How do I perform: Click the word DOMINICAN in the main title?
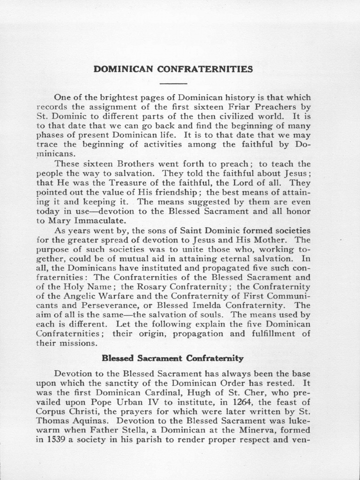[123, 69]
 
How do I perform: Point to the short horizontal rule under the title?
[173, 83]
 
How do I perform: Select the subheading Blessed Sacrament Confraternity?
[172, 359]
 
